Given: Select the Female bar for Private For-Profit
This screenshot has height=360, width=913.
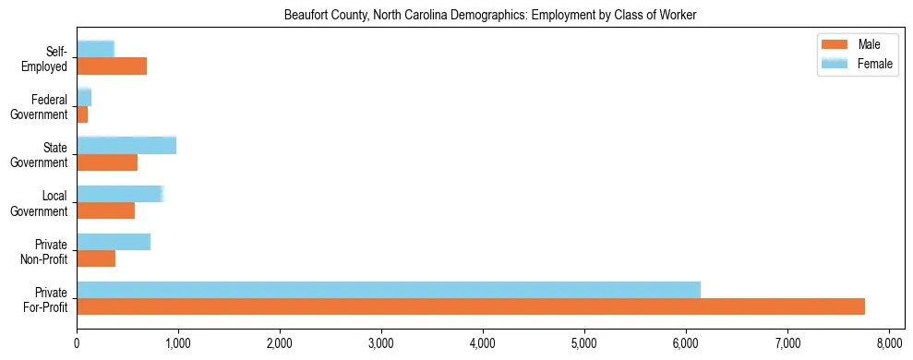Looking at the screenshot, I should pyautogui.click(x=388, y=290).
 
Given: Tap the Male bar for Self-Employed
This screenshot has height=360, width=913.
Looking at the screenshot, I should pyautogui.click(x=112, y=66).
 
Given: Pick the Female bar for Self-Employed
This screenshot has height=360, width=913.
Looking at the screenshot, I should pyautogui.click(x=95, y=49).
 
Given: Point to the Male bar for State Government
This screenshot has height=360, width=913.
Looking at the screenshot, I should pyautogui.click(x=107, y=162).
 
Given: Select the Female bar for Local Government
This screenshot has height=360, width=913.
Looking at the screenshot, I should pyautogui.click(x=120, y=194).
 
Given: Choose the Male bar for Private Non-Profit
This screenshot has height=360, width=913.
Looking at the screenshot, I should pyautogui.click(x=96, y=258).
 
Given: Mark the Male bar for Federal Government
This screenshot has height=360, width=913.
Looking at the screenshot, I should pyautogui.click(x=82, y=114).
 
